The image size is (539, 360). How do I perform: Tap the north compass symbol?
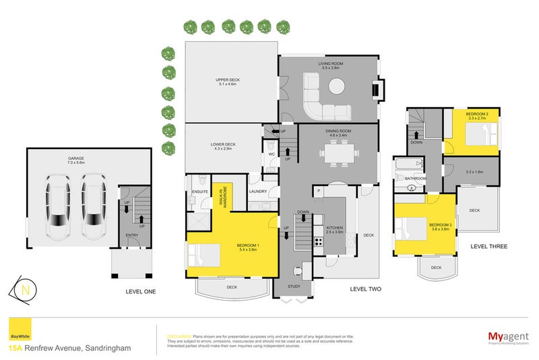[x=25, y=290]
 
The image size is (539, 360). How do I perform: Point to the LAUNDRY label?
[x=258, y=191]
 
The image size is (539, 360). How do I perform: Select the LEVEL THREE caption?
[x=489, y=247]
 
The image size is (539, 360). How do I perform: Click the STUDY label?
[x=293, y=287]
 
